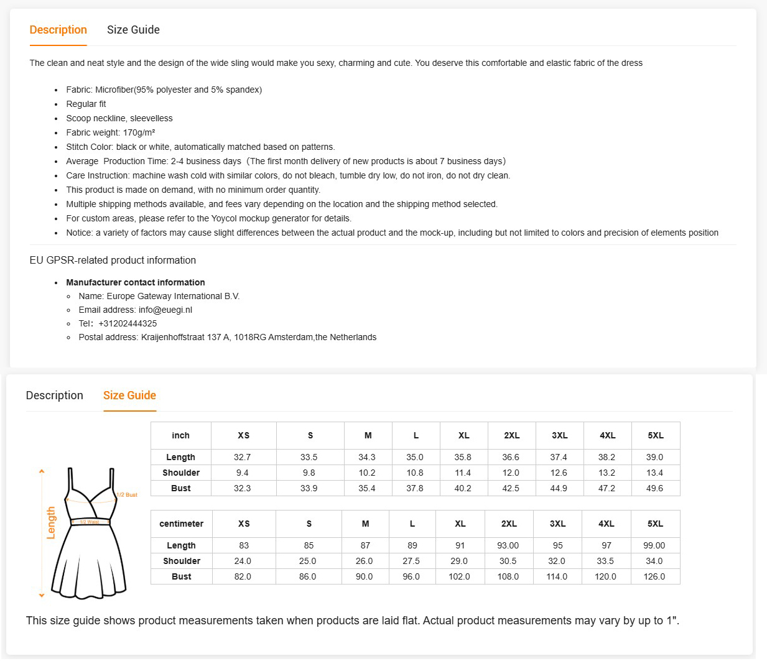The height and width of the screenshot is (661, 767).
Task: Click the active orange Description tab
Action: [x=58, y=30]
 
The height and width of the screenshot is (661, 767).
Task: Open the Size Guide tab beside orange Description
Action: [x=133, y=30]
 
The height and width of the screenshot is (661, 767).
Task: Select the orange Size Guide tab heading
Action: [x=129, y=395]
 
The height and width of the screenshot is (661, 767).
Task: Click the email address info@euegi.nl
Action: [x=165, y=310]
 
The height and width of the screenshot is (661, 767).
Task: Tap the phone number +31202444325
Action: [x=128, y=323]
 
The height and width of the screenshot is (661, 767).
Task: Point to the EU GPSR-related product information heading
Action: [x=113, y=260]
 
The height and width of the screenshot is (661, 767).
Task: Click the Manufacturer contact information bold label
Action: [x=135, y=282]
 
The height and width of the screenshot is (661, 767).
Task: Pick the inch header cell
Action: [x=180, y=435]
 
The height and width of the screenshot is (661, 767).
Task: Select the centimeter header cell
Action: [x=181, y=524]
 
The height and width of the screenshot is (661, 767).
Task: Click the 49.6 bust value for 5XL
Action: [x=654, y=488]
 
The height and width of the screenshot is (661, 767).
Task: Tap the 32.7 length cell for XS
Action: [x=242, y=457]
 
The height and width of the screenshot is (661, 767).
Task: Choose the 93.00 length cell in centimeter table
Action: [x=508, y=545]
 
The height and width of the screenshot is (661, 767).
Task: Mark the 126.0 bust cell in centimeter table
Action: [x=654, y=576]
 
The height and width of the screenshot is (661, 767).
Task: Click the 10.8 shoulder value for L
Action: [x=414, y=473]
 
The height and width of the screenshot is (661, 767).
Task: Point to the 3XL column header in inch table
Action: [x=559, y=435]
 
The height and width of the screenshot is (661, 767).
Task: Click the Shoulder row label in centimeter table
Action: [x=181, y=561]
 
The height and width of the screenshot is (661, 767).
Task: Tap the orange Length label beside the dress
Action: [x=51, y=522]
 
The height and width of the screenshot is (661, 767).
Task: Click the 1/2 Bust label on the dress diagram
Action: [x=128, y=495]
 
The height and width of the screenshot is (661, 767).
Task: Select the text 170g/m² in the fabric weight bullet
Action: [x=139, y=132]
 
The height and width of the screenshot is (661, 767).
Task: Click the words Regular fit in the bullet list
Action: [x=86, y=104]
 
